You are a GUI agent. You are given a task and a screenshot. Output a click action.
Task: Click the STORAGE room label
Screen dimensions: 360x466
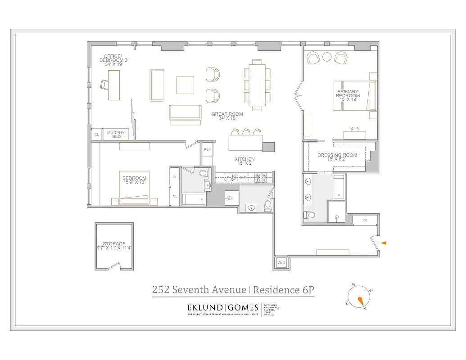point(114,244)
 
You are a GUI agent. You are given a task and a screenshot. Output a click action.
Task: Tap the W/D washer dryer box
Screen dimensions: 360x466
point(281,262)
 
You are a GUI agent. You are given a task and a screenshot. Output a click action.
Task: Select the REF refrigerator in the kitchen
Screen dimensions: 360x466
point(207,149)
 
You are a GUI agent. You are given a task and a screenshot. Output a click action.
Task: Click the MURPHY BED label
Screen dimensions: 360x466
point(116,134)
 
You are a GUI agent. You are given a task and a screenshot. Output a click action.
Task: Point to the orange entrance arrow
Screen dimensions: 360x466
point(384,243)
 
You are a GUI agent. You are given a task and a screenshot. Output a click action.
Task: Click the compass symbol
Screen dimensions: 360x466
point(361,298)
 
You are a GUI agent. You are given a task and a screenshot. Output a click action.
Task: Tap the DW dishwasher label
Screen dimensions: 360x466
point(243,177)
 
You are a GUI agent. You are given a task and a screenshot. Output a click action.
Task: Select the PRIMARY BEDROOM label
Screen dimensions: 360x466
point(348,94)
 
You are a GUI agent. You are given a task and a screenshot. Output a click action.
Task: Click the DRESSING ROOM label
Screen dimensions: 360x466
point(337,155)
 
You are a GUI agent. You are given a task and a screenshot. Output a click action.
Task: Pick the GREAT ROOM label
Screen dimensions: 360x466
point(227,114)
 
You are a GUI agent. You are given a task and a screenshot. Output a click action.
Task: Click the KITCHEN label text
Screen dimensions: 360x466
point(244,159)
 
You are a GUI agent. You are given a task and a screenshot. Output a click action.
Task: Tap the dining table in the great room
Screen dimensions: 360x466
point(257,85)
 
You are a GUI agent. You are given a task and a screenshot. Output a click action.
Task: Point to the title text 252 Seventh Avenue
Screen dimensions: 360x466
point(199,290)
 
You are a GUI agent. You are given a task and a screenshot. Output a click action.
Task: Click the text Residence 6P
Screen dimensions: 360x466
point(283,290)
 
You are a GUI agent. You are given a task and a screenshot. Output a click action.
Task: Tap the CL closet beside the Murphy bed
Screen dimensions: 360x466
point(96,134)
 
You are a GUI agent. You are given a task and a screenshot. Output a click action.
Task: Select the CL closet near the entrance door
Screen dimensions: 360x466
point(365,220)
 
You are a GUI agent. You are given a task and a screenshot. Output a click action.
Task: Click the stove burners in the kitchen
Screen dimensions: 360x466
point(262,177)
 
